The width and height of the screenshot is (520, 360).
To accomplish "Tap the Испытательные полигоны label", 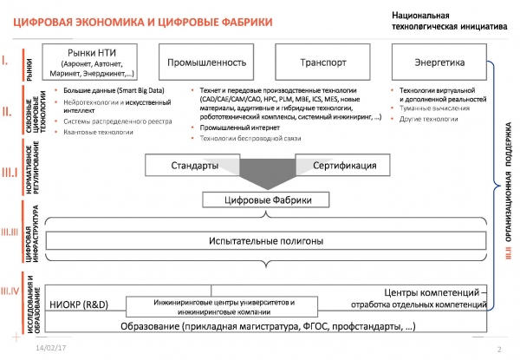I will coord(264,240).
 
